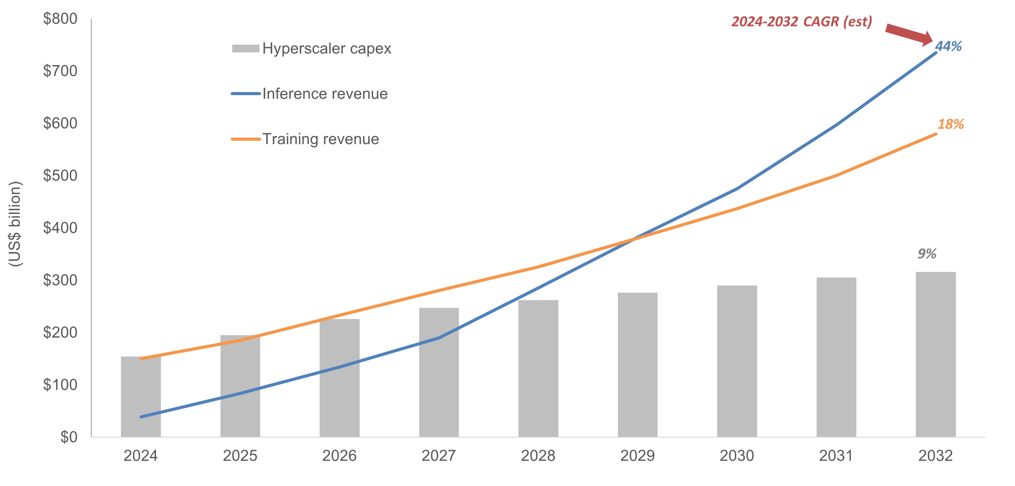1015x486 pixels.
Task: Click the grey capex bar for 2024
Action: (x=141, y=398)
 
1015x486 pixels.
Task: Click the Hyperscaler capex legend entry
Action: (x=311, y=48)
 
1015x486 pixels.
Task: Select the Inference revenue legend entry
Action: (x=310, y=94)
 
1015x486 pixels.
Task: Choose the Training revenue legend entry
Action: (x=305, y=139)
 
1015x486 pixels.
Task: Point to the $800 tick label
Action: (x=60, y=19)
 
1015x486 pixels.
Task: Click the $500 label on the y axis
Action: (x=60, y=175)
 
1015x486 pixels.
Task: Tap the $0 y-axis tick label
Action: (x=69, y=437)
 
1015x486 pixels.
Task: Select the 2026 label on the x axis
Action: (x=339, y=456)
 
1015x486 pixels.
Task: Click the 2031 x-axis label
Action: (x=836, y=456)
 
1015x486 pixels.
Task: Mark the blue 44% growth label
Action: (x=948, y=46)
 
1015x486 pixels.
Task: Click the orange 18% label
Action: (x=951, y=124)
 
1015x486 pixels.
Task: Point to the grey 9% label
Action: (x=927, y=254)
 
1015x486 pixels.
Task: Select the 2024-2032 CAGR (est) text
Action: (x=802, y=22)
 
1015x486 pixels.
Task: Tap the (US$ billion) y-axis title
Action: (x=15, y=224)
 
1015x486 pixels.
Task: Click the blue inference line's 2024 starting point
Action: (x=141, y=417)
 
